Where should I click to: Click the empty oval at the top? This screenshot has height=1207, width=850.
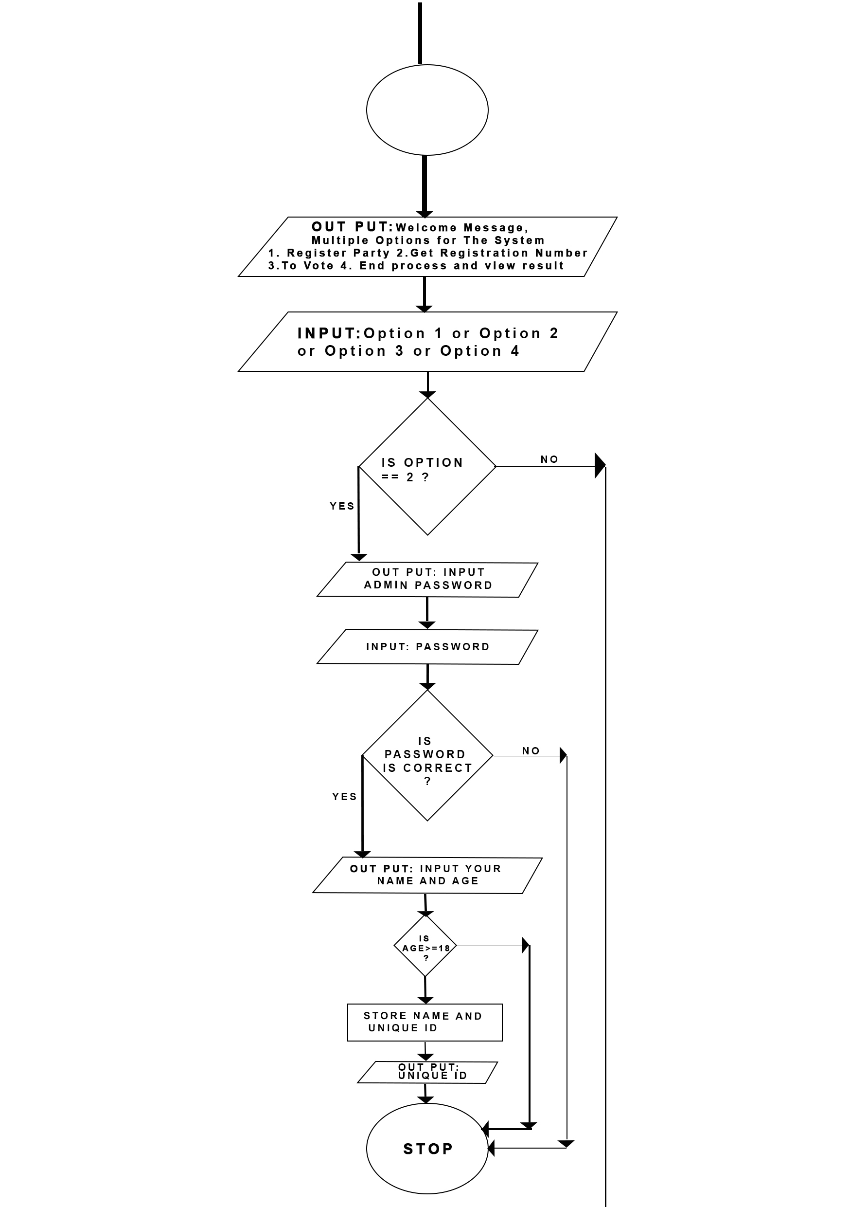[x=426, y=110]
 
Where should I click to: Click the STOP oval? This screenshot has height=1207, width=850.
[x=426, y=1149]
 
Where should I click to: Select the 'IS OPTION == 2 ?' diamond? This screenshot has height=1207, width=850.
[x=427, y=467]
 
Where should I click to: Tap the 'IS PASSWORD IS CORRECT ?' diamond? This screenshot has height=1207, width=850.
[x=427, y=756]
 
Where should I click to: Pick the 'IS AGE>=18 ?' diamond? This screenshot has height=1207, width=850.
[x=425, y=946]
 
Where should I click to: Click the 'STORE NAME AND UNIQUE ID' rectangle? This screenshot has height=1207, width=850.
[x=425, y=1023]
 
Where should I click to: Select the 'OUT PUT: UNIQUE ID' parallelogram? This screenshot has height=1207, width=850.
[x=427, y=1072]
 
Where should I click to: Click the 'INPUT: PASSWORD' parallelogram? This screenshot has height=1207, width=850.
[x=427, y=647]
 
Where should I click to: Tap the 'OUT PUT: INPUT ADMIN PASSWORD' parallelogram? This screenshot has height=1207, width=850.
[x=427, y=579]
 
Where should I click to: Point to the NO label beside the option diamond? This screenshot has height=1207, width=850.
[x=549, y=459]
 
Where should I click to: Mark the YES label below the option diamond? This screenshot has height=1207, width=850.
[x=342, y=506]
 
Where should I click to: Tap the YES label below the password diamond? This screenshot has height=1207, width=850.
[x=344, y=796]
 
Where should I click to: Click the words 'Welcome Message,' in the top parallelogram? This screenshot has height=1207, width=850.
[x=462, y=228]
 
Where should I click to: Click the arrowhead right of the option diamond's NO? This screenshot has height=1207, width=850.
[x=600, y=466]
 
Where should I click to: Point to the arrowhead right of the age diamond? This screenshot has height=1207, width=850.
[x=525, y=946]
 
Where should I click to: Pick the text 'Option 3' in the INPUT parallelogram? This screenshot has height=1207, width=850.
[x=355, y=351]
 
